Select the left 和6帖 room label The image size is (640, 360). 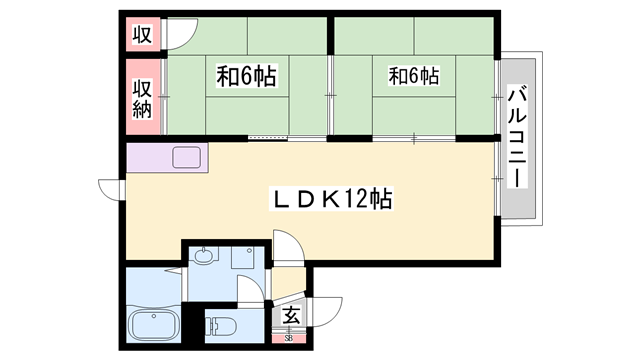tap(246, 75)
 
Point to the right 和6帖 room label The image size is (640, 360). tap(414, 75)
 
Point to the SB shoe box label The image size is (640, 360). tap(289, 338)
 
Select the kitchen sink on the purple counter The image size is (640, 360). tap(188, 157)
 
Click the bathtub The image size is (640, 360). tap(153, 326)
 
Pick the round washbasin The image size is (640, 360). tap(204, 256)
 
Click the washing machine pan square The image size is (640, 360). tap(244, 259)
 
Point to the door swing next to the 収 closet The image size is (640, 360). tap(180, 35)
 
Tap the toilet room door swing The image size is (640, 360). tap(248, 295)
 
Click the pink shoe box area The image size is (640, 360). tap(289, 335)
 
